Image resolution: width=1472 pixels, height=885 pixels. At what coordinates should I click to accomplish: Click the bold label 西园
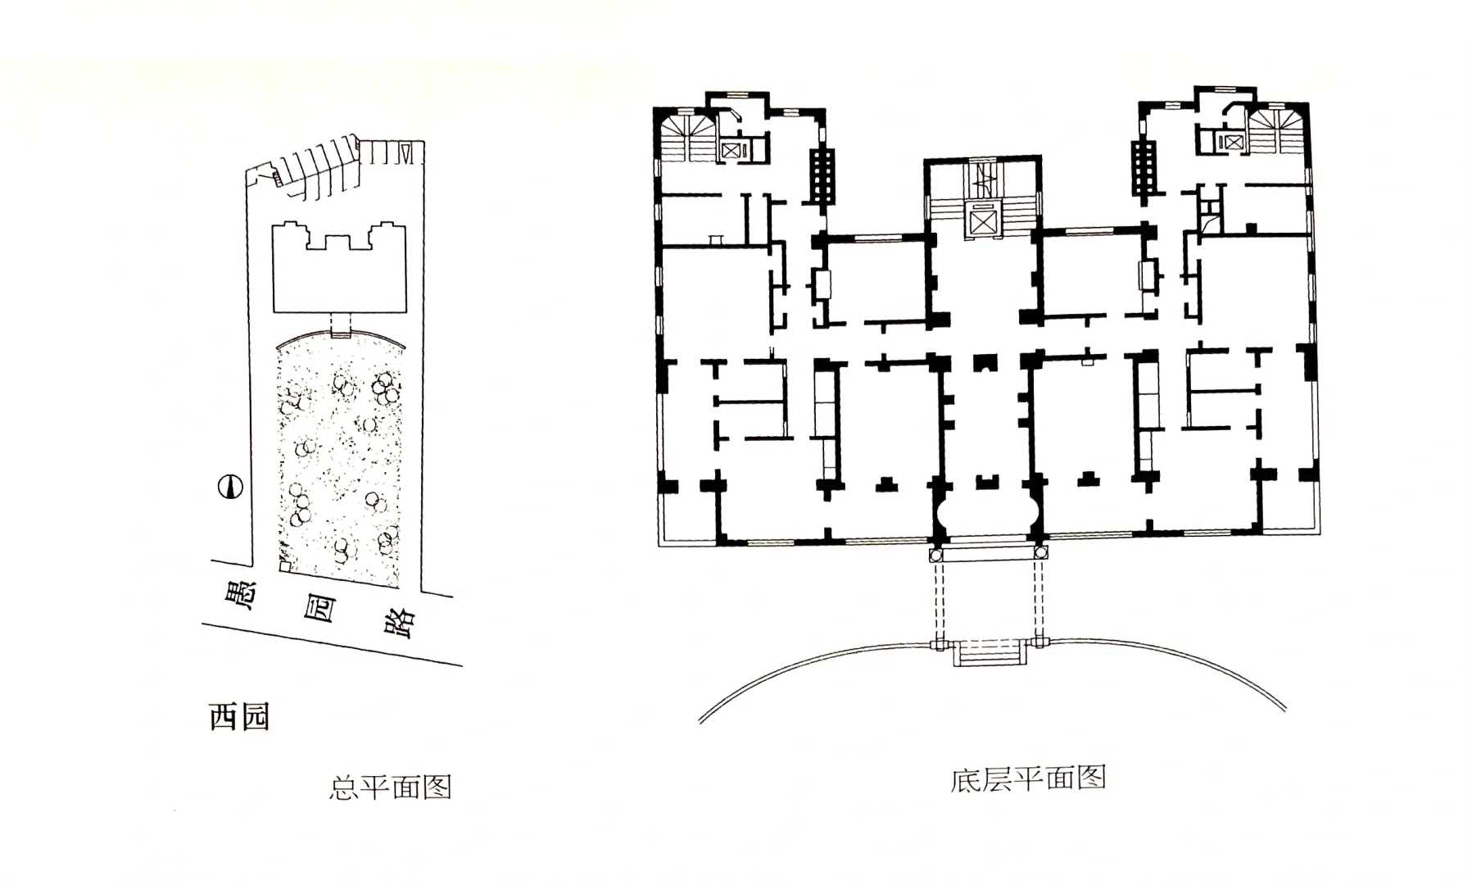pyautogui.click(x=239, y=717)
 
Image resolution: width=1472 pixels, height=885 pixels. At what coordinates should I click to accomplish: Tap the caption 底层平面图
pyautogui.click(x=1028, y=778)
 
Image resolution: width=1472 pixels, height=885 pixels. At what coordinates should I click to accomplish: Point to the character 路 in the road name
pyautogui.click(x=401, y=624)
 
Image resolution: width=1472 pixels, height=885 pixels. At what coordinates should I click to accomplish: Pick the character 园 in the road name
pyautogui.click(x=320, y=608)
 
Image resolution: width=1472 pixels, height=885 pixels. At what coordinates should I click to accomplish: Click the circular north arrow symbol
pyautogui.click(x=231, y=487)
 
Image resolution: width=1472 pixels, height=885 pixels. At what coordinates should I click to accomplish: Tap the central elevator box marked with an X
pyautogui.click(x=982, y=220)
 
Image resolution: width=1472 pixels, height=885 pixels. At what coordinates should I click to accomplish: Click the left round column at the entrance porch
pyautogui.click(x=936, y=556)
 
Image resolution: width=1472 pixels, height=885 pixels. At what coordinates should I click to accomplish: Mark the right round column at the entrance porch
pyautogui.click(x=1041, y=556)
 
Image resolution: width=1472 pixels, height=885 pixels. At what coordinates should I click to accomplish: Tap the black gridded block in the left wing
pyautogui.click(x=822, y=176)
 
